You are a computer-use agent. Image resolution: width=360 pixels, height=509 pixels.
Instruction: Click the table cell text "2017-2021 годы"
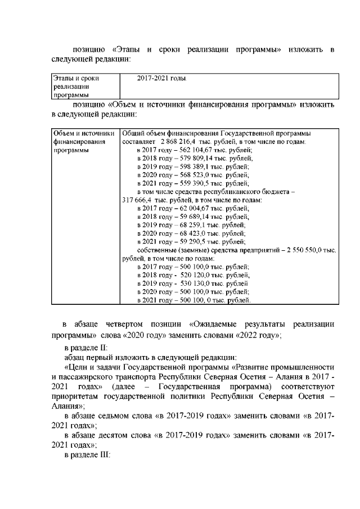point(161,79)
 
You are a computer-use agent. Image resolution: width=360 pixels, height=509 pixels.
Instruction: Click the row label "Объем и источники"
point(83,133)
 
